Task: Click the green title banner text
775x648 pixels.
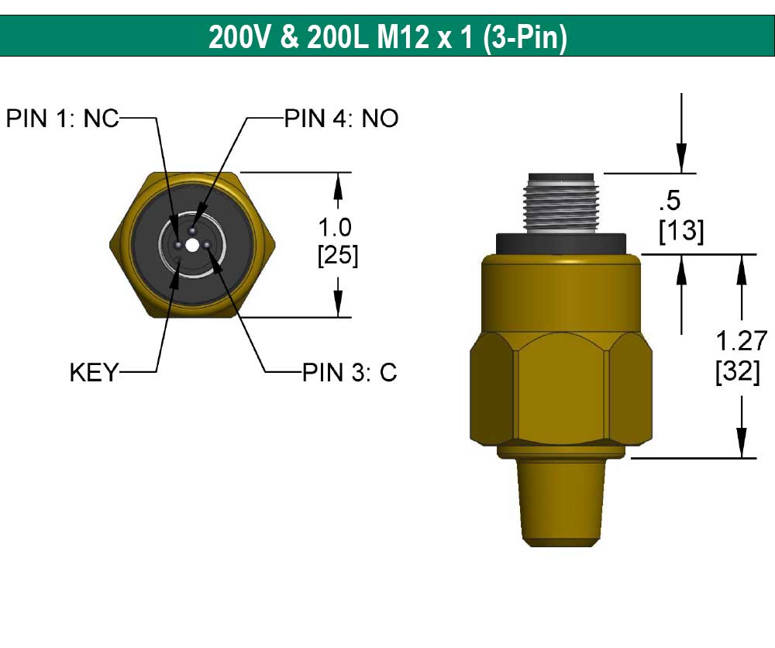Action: (x=387, y=36)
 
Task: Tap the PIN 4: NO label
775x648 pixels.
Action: (x=341, y=119)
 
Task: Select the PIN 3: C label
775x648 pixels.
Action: (x=349, y=373)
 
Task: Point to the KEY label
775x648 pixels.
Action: (x=94, y=373)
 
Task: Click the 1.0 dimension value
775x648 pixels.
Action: (x=336, y=228)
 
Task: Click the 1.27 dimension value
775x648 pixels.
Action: (x=741, y=341)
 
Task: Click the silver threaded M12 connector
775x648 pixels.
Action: (x=560, y=203)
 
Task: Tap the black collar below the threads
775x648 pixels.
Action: (x=560, y=242)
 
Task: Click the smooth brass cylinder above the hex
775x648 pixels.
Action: (x=560, y=295)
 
